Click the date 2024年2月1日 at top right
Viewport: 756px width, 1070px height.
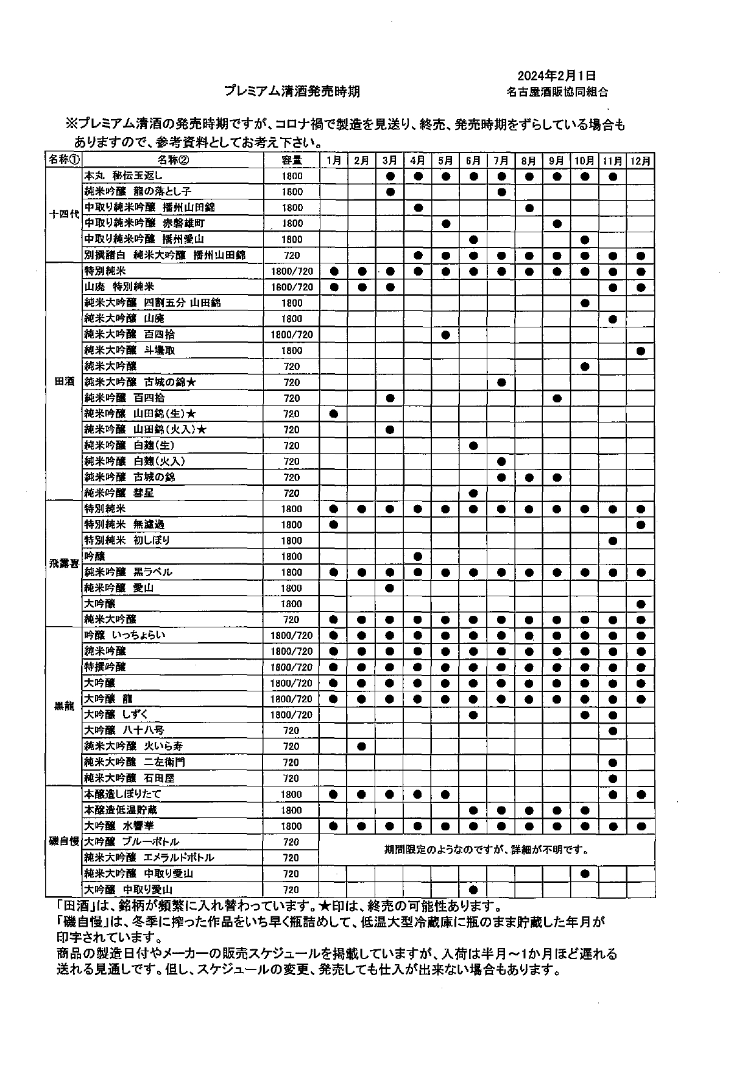point(556,76)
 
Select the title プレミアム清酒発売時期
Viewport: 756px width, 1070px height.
point(292,91)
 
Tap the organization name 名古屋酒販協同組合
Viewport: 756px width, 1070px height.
point(557,93)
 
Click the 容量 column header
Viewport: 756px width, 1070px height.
point(292,160)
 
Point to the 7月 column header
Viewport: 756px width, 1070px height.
point(501,160)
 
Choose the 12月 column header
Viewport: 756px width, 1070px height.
point(640,160)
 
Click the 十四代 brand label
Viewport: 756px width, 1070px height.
point(64,215)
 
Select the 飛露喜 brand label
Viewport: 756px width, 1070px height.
point(64,564)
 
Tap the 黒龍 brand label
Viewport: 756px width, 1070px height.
point(64,706)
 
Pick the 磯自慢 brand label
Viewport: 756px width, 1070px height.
point(64,841)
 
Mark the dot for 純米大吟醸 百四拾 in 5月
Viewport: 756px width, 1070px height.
point(445,335)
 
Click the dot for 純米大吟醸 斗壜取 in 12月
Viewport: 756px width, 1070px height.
point(640,351)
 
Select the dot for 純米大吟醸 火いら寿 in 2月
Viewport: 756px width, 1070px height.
point(361,746)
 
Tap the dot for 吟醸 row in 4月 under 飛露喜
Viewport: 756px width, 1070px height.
point(417,556)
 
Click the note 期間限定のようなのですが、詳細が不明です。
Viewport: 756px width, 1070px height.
point(486,849)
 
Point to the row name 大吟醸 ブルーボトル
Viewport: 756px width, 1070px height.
point(132,842)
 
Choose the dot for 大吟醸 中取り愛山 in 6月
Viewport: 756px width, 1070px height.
point(473,890)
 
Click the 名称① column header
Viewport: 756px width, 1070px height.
point(64,160)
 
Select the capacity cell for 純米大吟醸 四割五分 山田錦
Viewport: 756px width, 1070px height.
point(292,303)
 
